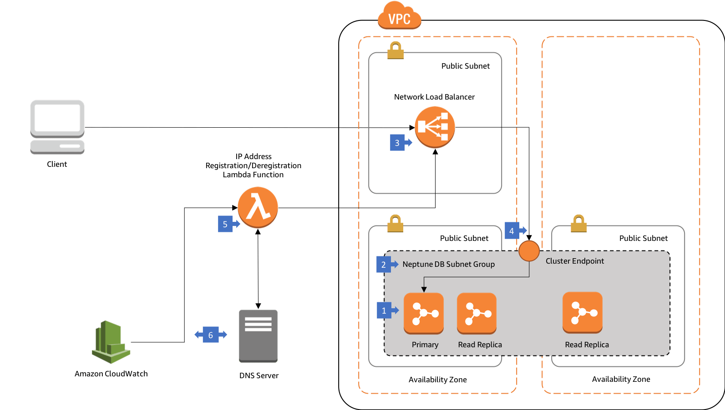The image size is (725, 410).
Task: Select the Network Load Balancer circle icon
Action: [x=435, y=127]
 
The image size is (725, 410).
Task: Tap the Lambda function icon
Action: [x=258, y=207]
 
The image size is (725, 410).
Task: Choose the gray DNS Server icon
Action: [x=258, y=335]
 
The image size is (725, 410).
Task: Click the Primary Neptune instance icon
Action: [x=423, y=313]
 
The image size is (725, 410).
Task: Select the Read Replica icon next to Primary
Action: [x=477, y=313]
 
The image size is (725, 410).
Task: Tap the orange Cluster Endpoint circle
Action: [x=529, y=251]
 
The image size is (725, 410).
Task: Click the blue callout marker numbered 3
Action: [x=397, y=143]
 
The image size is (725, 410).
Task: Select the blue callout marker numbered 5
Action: [x=225, y=224]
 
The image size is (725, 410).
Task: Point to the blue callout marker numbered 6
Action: [x=210, y=335]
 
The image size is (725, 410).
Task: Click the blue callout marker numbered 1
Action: [x=384, y=310]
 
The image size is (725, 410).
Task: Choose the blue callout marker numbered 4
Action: [x=512, y=231]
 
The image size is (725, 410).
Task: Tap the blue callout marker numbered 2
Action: [x=384, y=265]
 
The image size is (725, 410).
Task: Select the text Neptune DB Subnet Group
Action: [x=448, y=264]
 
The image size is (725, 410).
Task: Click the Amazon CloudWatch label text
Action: [x=111, y=374]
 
